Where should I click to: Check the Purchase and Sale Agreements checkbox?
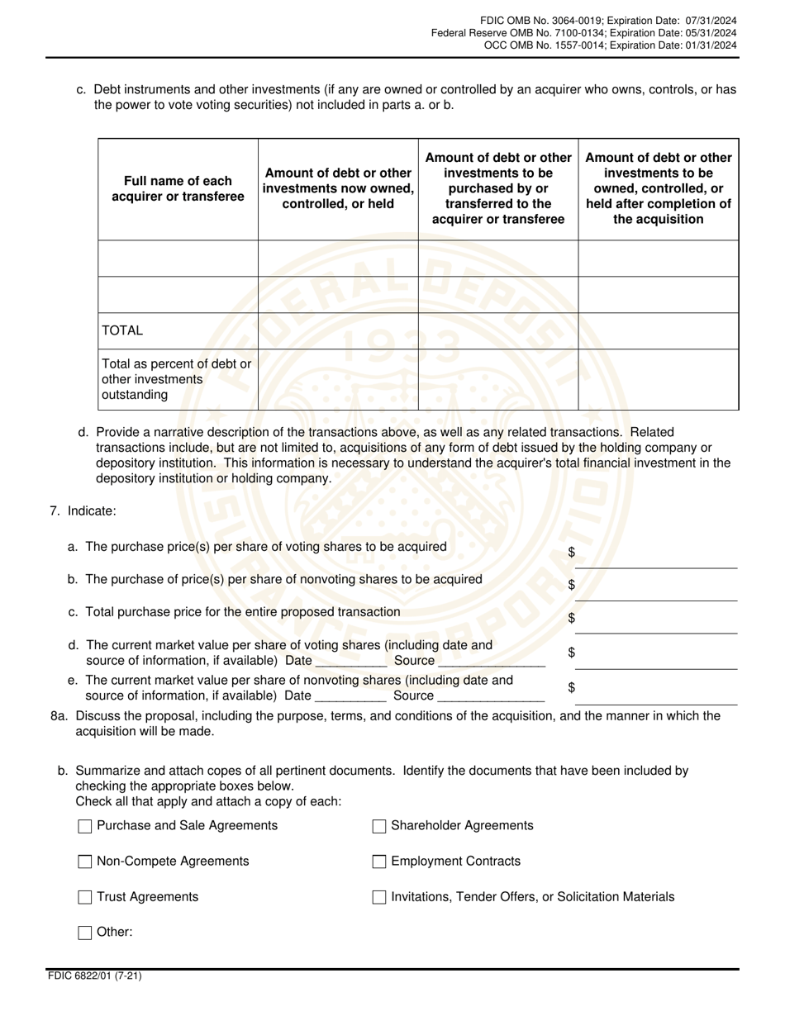coord(84,826)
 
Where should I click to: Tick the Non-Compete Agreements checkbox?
coord(84,862)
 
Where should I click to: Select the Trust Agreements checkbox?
coord(84,897)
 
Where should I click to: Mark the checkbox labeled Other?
coord(84,933)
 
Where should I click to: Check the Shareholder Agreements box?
coord(379,826)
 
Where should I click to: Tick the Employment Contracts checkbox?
coord(379,862)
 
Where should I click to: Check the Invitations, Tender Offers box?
coord(379,897)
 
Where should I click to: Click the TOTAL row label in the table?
coord(122,330)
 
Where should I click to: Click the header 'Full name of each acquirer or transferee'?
coord(178,188)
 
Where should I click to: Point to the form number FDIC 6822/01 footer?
coord(94,976)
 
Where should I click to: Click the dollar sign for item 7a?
coord(572,553)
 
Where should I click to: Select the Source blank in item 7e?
coord(491,696)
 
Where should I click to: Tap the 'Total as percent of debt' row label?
coord(176,379)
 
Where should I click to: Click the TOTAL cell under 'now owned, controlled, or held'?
coord(338,330)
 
